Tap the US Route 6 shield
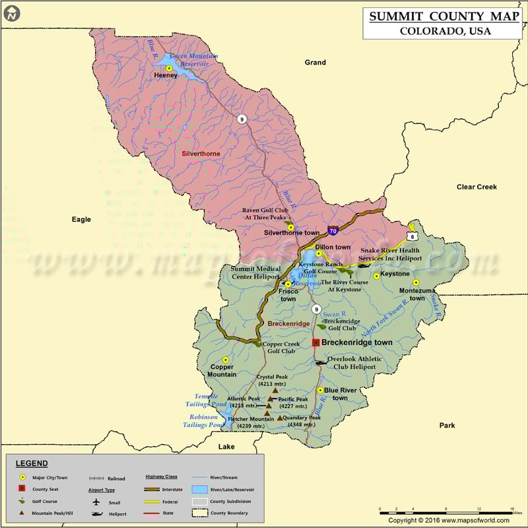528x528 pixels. point(412,236)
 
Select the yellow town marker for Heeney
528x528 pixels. point(170,68)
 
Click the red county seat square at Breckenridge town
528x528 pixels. point(316,343)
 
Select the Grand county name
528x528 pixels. point(315,63)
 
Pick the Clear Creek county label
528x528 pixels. point(477,187)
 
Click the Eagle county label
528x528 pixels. point(81,219)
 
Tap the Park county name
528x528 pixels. point(447,426)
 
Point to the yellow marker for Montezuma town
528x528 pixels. point(416,282)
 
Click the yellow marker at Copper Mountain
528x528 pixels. point(226,360)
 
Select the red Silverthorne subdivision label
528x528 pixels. point(201,154)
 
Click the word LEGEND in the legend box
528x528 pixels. point(32,463)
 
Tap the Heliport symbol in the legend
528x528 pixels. point(97,513)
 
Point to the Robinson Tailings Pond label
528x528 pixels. point(203,421)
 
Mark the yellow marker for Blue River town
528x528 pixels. point(321,390)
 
